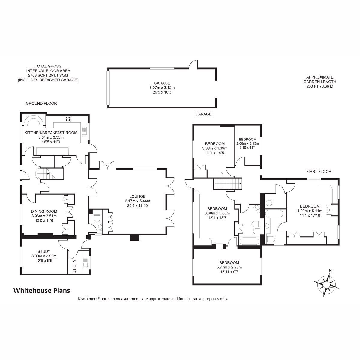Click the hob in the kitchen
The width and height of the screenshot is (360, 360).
pos(68,119)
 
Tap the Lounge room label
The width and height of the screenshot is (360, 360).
pos(137,196)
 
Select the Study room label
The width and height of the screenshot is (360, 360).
pos(44,251)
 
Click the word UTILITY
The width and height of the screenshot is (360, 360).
pos(75,267)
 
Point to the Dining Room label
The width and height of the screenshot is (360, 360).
pos(44,211)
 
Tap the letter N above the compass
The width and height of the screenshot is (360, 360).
pos(330,270)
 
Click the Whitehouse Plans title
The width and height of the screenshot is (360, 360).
pos(42,290)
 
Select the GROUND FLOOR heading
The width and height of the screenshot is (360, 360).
pos(41,103)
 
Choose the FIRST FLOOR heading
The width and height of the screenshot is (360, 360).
pos(319,171)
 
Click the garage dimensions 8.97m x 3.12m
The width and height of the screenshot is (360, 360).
pos(162,88)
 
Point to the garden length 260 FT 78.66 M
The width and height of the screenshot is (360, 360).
pos(320,86)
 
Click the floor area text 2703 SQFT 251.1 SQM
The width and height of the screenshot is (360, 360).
pos(48,76)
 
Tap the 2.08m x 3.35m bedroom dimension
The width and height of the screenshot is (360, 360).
pos(247,143)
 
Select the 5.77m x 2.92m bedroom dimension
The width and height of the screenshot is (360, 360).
pos(229,267)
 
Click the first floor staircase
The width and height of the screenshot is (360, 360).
pos(227,184)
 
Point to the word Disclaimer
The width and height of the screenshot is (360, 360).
pos(87,299)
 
